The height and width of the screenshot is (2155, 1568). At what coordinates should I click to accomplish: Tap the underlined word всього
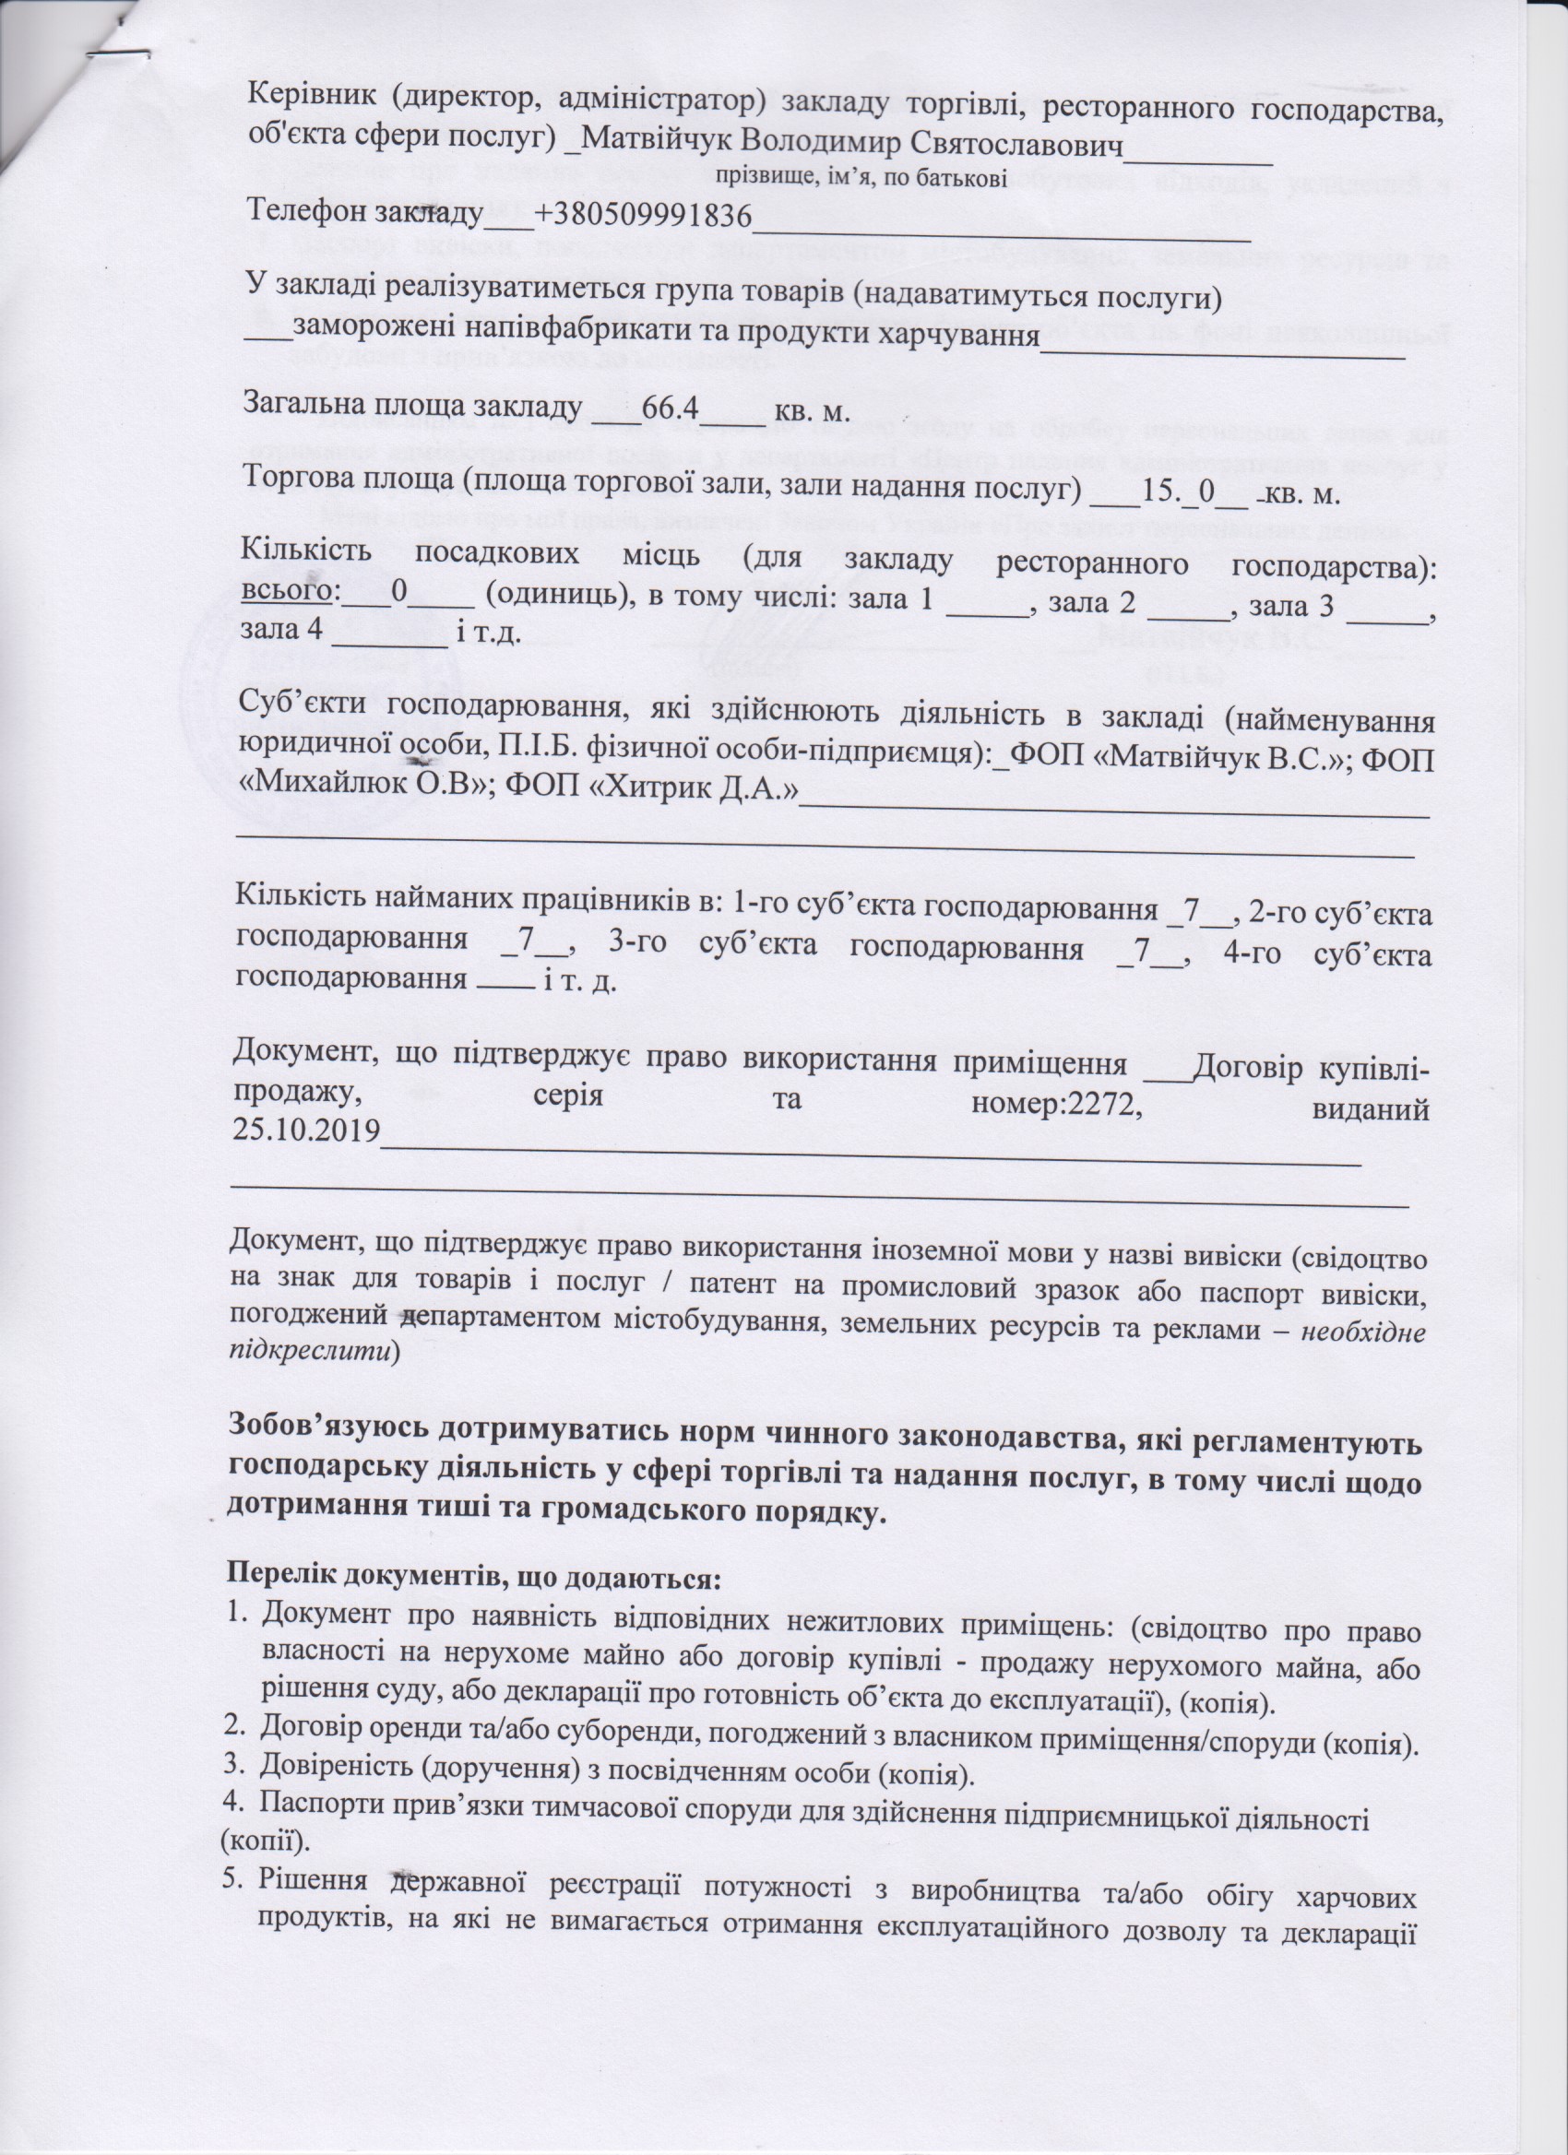coord(286,593)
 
